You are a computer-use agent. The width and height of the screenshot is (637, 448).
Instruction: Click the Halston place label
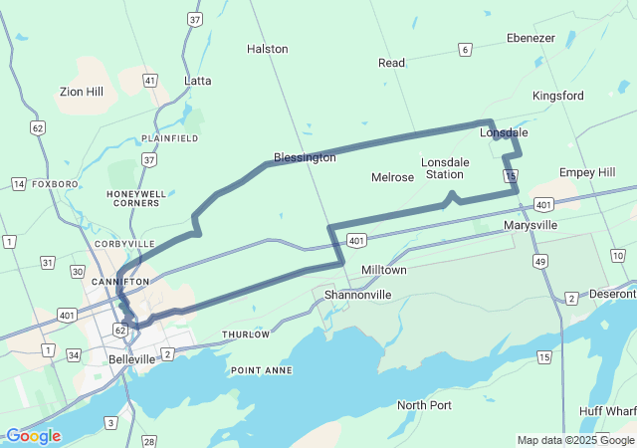[267, 49]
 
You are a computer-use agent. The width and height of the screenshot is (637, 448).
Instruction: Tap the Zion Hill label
[82, 92]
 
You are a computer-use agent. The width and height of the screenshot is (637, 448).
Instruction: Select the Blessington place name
[306, 157]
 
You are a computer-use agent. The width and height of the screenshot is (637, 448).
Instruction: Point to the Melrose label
[392, 177]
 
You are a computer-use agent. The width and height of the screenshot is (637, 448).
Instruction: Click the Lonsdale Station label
[444, 168]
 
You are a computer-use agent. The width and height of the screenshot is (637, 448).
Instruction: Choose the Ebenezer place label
[531, 38]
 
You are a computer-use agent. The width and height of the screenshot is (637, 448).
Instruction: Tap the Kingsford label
[557, 96]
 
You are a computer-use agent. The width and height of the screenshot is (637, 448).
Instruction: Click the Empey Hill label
[587, 172]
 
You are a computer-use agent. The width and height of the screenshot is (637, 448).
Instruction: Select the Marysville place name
[531, 225]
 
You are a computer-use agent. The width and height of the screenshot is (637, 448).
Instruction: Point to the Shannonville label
[358, 295]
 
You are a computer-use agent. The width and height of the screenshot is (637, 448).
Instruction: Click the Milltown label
[383, 270]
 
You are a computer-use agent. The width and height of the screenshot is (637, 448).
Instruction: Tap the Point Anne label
[263, 370]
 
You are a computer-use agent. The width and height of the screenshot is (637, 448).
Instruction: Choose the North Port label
[424, 405]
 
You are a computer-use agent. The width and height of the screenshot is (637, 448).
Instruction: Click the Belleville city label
[131, 358]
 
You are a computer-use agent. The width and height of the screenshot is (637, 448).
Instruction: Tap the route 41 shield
[150, 80]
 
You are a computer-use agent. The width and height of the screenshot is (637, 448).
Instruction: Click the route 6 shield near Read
[465, 50]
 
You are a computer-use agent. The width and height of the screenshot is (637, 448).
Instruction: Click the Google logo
[33, 436]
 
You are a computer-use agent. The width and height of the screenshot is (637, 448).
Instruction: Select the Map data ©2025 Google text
[574, 440]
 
